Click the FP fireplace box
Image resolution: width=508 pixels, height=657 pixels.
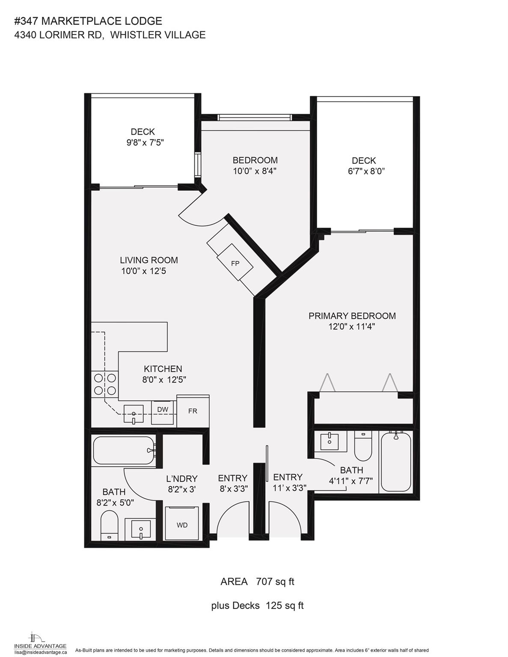[x=235, y=263]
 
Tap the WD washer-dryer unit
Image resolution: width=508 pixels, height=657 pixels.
[x=182, y=524]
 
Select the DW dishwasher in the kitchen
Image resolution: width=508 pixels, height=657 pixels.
[x=163, y=410]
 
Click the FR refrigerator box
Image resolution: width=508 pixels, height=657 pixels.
[x=193, y=411]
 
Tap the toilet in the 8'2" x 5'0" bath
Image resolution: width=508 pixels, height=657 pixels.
[x=109, y=526]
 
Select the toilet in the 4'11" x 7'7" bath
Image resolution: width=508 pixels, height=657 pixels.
[x=363, y=445]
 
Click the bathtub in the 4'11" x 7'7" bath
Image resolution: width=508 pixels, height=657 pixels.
[x=396, y=462]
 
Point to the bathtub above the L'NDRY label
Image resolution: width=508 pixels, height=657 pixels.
[x=123, y=450]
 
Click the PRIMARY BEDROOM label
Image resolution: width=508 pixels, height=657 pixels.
[x=352, y=316]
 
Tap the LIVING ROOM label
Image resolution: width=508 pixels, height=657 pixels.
[x=149, y=260]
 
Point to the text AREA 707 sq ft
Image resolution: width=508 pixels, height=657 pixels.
[x=257, y=581]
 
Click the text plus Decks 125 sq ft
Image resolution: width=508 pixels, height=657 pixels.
[x=257, y=605]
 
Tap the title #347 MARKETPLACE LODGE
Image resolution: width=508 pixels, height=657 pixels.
[x=88, y=21]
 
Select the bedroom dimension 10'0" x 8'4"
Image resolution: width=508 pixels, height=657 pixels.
[x=255, y=171]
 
